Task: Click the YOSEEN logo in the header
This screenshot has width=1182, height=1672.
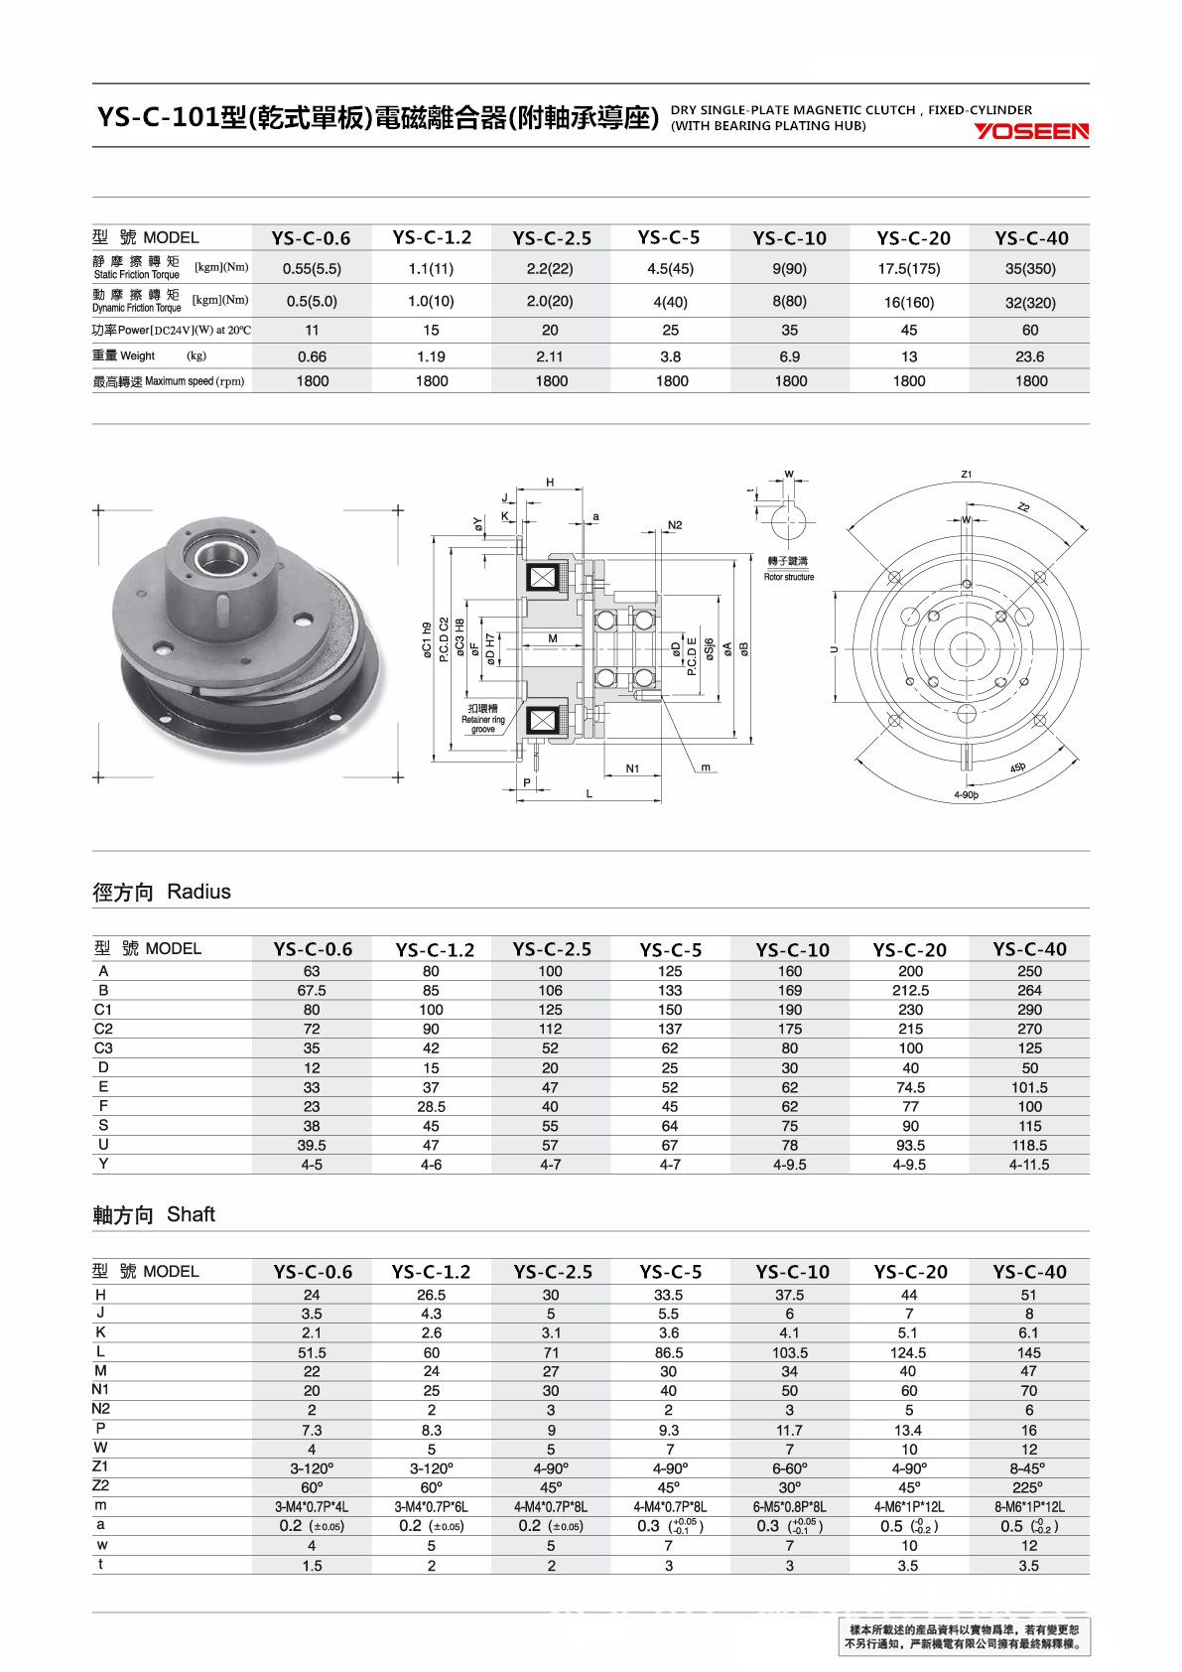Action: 1030,131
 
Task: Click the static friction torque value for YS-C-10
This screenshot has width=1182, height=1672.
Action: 789,268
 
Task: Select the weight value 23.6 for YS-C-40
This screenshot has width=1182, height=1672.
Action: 1029,356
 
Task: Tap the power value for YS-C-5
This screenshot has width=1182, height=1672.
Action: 670,330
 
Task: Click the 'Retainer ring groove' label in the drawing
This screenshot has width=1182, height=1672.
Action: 482,719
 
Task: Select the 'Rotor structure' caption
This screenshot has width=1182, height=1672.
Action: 789,577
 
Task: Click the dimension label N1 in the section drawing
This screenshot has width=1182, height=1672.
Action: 632,768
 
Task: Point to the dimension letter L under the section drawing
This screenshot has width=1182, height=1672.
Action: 589,793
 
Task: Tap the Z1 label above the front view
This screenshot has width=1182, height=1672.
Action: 966,474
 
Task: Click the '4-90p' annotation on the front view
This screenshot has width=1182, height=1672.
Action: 966,795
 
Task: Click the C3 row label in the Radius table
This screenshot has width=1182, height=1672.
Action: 103,1047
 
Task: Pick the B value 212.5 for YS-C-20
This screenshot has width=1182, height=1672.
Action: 910,990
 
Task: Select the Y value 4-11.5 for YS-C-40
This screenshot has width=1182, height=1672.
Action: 1029,1165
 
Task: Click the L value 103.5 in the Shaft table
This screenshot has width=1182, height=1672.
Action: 789,1352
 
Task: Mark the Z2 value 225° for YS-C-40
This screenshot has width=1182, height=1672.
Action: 1028,1487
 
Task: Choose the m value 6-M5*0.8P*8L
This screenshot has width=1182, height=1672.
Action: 789,1507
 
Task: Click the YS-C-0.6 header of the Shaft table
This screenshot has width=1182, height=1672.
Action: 312,1272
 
